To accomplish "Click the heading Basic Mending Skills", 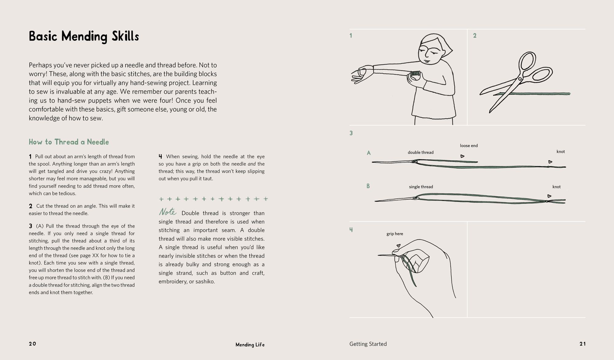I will (x=84, y=37).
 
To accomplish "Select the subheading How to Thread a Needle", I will (x=69, y=142).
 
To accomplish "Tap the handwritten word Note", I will (x=167, y=212).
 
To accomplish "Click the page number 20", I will (x=33, y=344).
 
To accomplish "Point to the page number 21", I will (x=582, y=344).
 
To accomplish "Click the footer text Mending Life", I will (x=250, y=345).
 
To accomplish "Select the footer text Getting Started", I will (x=368, y=344).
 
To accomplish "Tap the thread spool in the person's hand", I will (x=415, y=74).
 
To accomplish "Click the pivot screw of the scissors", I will (x=520, y=79).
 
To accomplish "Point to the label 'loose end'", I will (x=469, y=146).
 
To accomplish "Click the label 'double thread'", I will (x=421, y=152).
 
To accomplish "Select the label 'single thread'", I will (x=421, y=187).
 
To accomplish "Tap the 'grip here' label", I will (x=395, y=234).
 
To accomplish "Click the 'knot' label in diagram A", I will (x=561, y=151).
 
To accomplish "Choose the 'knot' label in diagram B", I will (x=556, y=187).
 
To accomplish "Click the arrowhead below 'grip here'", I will (x=398, y=245).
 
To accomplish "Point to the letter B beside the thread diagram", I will (x=368, y=186).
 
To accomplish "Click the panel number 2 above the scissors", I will (x=475, y=36).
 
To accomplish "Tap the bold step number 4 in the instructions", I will (x=160, y=157).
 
